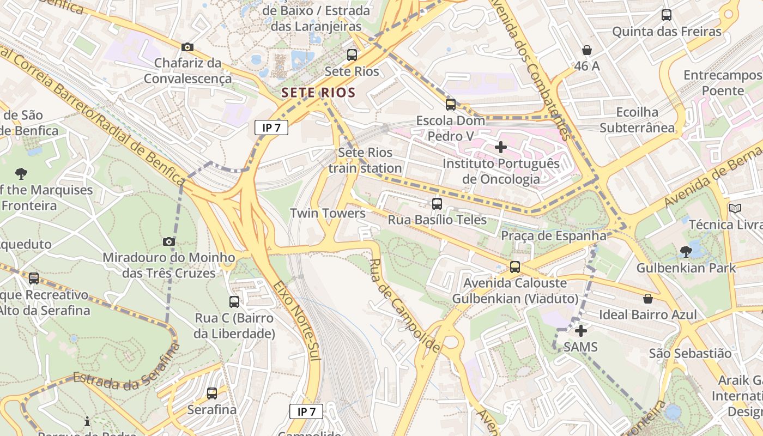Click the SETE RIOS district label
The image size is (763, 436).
(x=319, y=93)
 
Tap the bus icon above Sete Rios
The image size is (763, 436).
(x=352, y=55)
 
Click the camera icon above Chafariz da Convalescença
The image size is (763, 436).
(x=187, y=47)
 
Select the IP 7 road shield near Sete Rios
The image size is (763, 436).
(x=271, y=128)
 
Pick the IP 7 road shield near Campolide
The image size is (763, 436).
(x=306, y=411)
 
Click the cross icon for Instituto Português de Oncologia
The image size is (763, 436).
(x=500, y=147)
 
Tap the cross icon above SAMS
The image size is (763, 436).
(x=581, y=331)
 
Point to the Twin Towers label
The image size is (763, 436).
(x=328, y=213)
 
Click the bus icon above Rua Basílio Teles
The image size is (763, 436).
(x=437, y=204)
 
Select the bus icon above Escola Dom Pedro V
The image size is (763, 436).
(x=450, y=104)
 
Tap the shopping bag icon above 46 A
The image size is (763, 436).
(x=587, y=50)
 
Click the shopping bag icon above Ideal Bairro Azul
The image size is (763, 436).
(x=648, y=299)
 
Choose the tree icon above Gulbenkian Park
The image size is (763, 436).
(x=686, y=252)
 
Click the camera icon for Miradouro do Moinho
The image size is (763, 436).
(x=169, y=241)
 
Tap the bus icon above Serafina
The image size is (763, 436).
(x=212, y=393)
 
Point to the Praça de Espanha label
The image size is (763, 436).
(x=553, y=236)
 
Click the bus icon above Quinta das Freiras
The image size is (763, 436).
(x=667, y=15)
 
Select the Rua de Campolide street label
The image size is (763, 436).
(x=404, y=305)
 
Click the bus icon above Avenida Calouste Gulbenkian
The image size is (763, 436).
(x=515, y=267)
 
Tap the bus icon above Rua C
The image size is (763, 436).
(x=234, y=301)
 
